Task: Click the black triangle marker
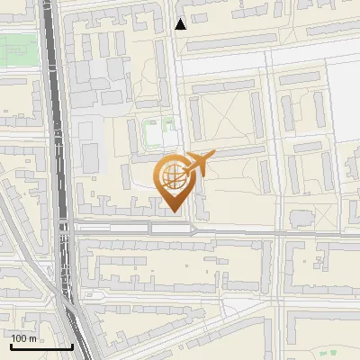point(181,24)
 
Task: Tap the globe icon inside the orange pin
point(172,177)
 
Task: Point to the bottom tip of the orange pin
point(172,211)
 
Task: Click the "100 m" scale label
point(24,338)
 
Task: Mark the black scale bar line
point(41,346)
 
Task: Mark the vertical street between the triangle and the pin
point(178,90)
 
